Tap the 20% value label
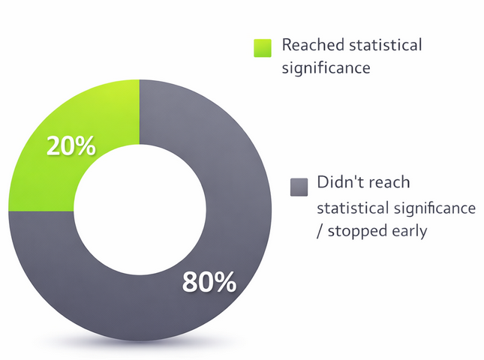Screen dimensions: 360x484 71,146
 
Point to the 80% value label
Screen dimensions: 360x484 209,283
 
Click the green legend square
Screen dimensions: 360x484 263,48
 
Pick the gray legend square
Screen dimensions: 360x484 299,186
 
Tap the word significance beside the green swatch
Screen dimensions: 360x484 326,68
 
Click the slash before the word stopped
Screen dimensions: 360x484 320,231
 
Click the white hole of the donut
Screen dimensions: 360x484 140,211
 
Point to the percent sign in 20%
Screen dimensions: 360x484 86,146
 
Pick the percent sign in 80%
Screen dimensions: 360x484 225,283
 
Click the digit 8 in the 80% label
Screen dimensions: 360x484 191,283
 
